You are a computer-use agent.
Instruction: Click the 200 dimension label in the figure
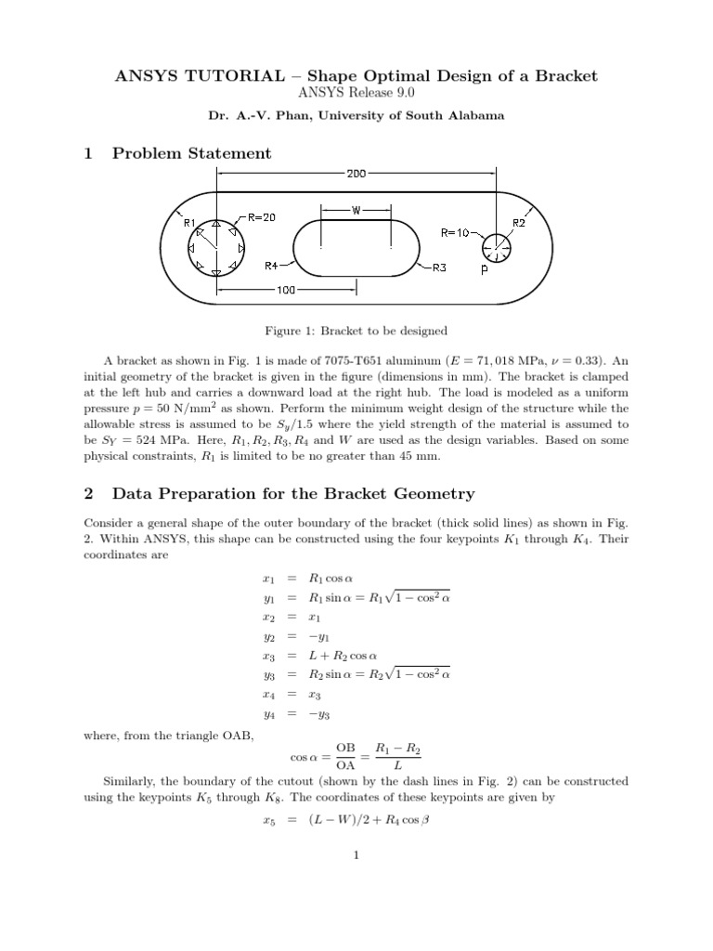[x=356, y=173]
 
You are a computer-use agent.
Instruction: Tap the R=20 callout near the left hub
[x=261, y=217]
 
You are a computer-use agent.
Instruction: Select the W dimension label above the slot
[x=356, y=210]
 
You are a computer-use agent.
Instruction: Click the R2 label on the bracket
[x=519, y=223]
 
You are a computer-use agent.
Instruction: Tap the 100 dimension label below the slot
[x=286, y=290]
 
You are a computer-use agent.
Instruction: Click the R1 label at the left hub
[x=189, y=223]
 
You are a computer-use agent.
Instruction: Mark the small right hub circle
[x=496, y=247]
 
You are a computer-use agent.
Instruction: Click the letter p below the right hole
[x=484, y=271]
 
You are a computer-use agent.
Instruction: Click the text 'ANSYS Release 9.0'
[x=356, y=93]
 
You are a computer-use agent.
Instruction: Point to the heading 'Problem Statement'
[x=191, y=153]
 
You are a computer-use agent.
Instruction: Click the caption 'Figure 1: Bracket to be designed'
[x=356, y=330]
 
